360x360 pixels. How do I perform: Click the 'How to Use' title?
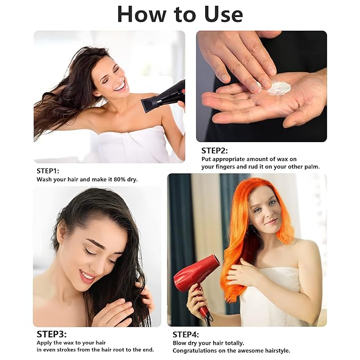point(180,14)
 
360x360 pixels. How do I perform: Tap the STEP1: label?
point(48,171)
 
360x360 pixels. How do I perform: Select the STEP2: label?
point(214,151)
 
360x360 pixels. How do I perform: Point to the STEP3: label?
point(51,334)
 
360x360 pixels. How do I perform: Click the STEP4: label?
point(186,335)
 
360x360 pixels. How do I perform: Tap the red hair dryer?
point(196,283)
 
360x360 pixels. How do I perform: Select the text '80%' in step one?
point(119,179)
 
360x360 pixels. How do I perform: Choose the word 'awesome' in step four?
point(252,351)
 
